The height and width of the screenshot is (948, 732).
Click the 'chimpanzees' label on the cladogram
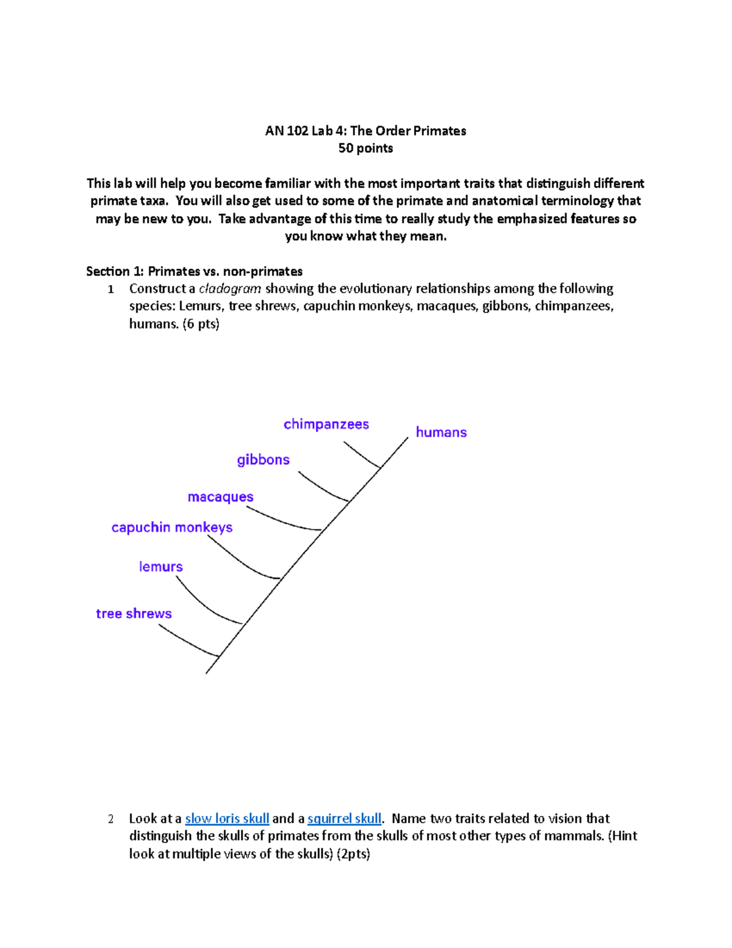pos(326,424)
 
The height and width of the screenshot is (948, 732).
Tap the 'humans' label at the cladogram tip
pos(441,432)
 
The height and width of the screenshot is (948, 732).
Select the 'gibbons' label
pos(263,460)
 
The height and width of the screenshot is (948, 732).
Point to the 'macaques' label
pos(220,497)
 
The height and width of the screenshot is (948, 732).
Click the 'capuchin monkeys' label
pos(171,527)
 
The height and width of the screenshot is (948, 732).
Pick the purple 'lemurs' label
pos(160,566)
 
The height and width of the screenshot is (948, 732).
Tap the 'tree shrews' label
pos(134,613)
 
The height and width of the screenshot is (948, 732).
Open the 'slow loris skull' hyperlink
pos(227,818)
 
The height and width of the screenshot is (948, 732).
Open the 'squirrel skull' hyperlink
pos(344,818)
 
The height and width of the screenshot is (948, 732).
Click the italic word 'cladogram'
pos(230,288)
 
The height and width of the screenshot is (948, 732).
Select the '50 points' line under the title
pos(365,148)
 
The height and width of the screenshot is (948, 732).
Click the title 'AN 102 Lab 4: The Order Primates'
pos(365,131)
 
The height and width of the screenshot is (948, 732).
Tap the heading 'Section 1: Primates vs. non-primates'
pos(194,271)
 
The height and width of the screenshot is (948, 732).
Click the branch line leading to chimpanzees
pos(361,455)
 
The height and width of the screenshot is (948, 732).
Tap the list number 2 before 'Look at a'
pos(110,819)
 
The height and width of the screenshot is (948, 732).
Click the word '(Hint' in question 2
pos(622,836)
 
